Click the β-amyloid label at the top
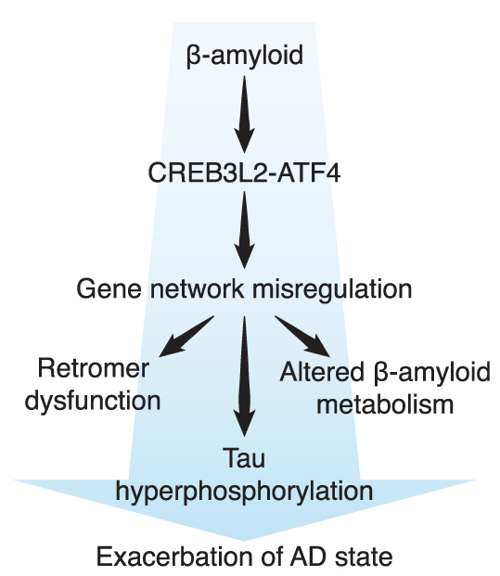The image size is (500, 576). [245, 55]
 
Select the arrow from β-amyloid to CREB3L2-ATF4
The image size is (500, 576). [244, 114]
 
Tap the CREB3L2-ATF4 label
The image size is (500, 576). [244, 173]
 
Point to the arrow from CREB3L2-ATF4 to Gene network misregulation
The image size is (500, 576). [244, 230]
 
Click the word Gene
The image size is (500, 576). [109, 288]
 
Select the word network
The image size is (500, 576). [197, 288]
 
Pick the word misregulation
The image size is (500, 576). [332, 290]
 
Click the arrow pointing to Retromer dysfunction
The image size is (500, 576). [186, 336]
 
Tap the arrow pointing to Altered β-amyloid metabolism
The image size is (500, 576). [302, 336]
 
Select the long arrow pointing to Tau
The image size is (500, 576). [244, 377]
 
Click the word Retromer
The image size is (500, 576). [94, 368]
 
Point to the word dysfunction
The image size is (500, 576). [93, 400]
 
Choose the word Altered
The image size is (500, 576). [322, 372]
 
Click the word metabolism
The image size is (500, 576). [385, 404]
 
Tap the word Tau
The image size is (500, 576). [244, 457]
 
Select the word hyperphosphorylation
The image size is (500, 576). [244, 491]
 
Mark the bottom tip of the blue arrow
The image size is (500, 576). [244, 541]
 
